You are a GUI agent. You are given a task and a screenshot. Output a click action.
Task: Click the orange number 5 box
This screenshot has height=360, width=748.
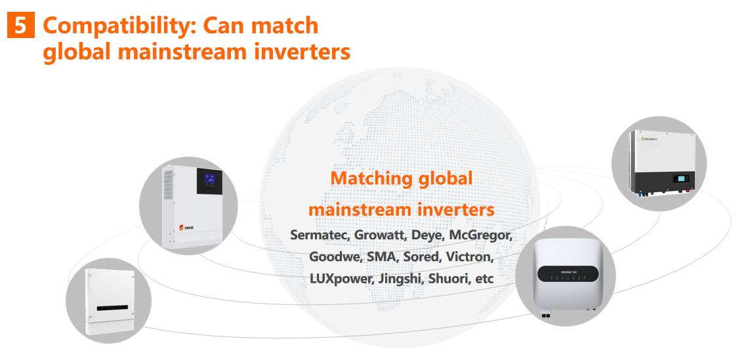point(21,26)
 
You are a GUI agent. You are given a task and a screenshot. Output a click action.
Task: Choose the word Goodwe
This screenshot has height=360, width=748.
point(335,258)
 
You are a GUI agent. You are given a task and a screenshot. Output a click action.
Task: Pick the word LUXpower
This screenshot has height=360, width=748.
point(341,279)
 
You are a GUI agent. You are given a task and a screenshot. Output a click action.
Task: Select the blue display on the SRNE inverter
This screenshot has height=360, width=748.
point(209,180)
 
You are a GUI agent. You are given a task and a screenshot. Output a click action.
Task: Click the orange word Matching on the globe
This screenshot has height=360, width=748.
point(371,178)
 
